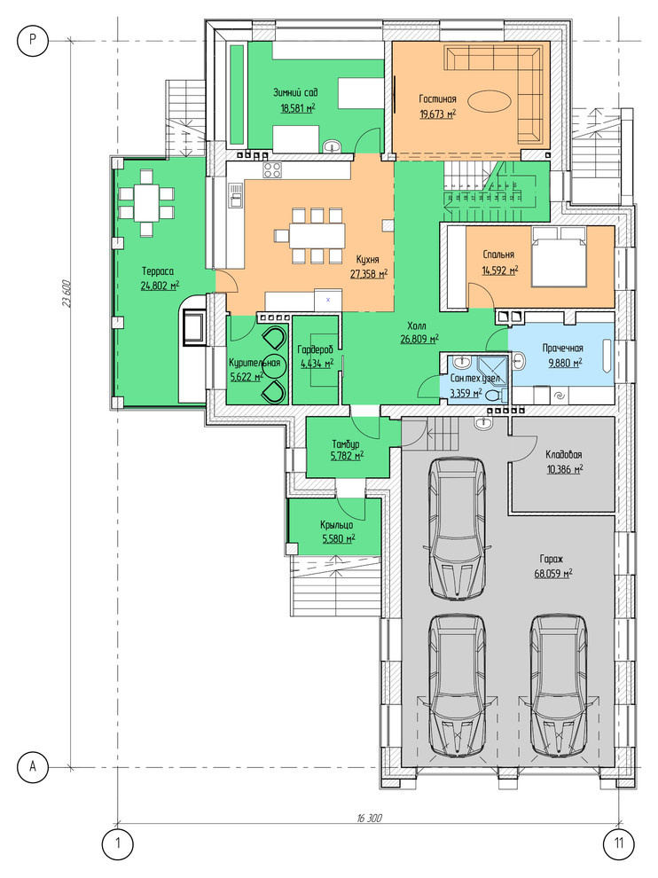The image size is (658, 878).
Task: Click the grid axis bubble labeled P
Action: pyautogui.click(x=32, y=41)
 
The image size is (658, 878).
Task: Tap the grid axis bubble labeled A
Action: pyautogui.click(x=32, y=766)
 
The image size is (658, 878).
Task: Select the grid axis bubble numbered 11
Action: pyautogui.click(x=619, y=843)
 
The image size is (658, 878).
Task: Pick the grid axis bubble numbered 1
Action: pyautogui.click(x=118, y=843)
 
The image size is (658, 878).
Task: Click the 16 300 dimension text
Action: pyautogui.click(x=369, y=818)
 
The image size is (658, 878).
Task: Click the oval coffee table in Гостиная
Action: pyautogui.click(x=489, y=103)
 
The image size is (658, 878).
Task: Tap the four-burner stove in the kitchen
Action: pyautogui.click(x=273, y=170)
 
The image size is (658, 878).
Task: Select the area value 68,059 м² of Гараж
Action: pyautogui.click(x=553, y=574)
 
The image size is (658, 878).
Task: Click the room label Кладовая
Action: pyautogui.click(x=564, y=455)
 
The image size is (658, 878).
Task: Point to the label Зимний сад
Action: pyautogui.click(x=295, y=92)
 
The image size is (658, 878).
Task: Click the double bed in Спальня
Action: pyautogui.click(x=559, y=256)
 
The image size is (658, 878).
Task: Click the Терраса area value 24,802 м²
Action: pyautogui.click(x=161, y=286)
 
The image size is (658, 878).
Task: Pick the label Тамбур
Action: pyautogui.click(x=346, y=444)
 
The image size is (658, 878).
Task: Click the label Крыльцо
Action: pyautogui.click(x=337, y=525)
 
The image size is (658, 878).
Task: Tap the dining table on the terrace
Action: pyautogui.click(x=146, y=204)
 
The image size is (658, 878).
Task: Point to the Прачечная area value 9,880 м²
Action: pyautogui.click(x=565, y=363)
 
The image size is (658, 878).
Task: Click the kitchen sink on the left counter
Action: pyautogui.click(x=235, y=196)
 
